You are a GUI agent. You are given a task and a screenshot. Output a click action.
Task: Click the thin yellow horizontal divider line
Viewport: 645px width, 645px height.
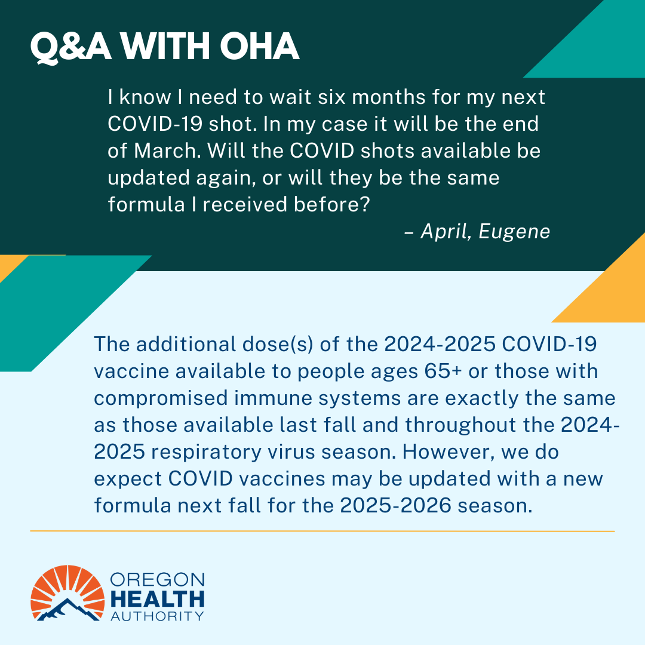pyautogui.click(x=322, y=530)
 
